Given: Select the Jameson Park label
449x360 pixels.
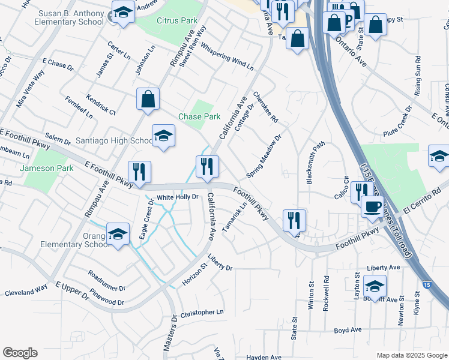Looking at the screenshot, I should [46, 168].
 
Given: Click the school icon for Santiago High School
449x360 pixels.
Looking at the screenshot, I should [163, 136].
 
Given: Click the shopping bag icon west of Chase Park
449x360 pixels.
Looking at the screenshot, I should [148, 99].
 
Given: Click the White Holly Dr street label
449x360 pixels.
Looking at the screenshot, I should [178, 197].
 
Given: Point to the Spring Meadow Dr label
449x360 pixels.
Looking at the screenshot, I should [264, 157].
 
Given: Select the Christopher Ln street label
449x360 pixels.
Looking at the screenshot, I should [202, 313].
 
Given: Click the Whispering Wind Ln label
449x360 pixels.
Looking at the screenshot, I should [227, 55].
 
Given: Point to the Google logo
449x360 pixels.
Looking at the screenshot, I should [20, 352].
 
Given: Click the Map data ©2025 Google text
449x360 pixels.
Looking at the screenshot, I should [411, 355].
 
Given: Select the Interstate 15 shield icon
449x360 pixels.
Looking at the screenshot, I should [426, 285].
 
